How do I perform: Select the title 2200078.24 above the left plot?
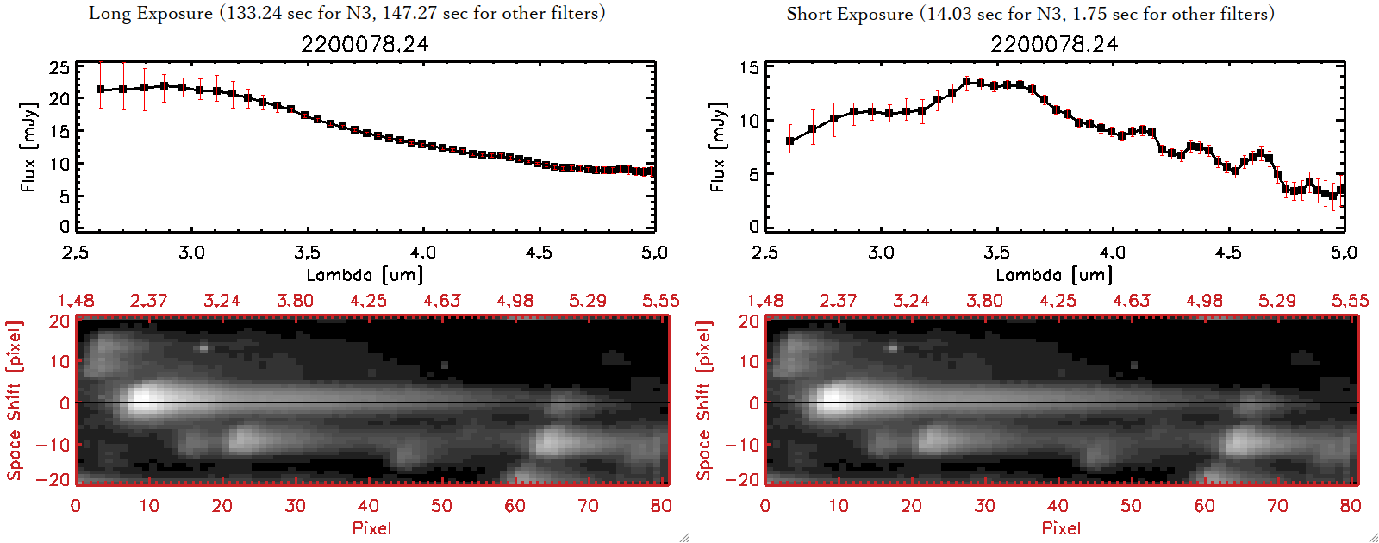365,44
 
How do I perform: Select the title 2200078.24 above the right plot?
1054,44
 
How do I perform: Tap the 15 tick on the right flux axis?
749,68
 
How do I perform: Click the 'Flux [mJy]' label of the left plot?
28,147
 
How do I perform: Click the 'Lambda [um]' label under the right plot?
1054,275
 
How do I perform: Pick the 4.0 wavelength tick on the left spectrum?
422,253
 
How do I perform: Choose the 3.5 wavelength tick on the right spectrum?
996,253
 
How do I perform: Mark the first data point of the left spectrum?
101,90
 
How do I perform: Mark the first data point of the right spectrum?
790,141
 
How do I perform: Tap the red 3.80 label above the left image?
295,301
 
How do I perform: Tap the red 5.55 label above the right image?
1350,301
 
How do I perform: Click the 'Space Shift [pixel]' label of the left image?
15,401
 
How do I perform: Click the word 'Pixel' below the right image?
1061,527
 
